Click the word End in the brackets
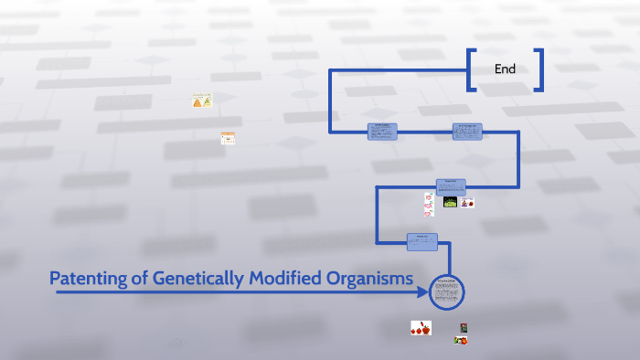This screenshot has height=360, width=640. point(505,69)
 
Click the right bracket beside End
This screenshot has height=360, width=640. point(539,69)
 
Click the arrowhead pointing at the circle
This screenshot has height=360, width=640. point(422,293)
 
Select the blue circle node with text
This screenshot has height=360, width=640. point(447,292)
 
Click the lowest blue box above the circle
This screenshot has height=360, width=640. point(422,241)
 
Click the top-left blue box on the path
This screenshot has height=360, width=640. point(382,132)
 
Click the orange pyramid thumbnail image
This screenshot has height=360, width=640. point(202,101)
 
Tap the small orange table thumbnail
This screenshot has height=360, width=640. point(228,139)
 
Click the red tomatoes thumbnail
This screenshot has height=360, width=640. point(421,328)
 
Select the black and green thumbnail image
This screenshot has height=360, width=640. point(450,202)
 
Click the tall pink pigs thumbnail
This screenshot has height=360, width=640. point(428,204)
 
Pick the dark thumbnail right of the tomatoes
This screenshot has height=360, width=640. point(464,327)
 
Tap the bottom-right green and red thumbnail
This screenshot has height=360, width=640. point(462,340)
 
